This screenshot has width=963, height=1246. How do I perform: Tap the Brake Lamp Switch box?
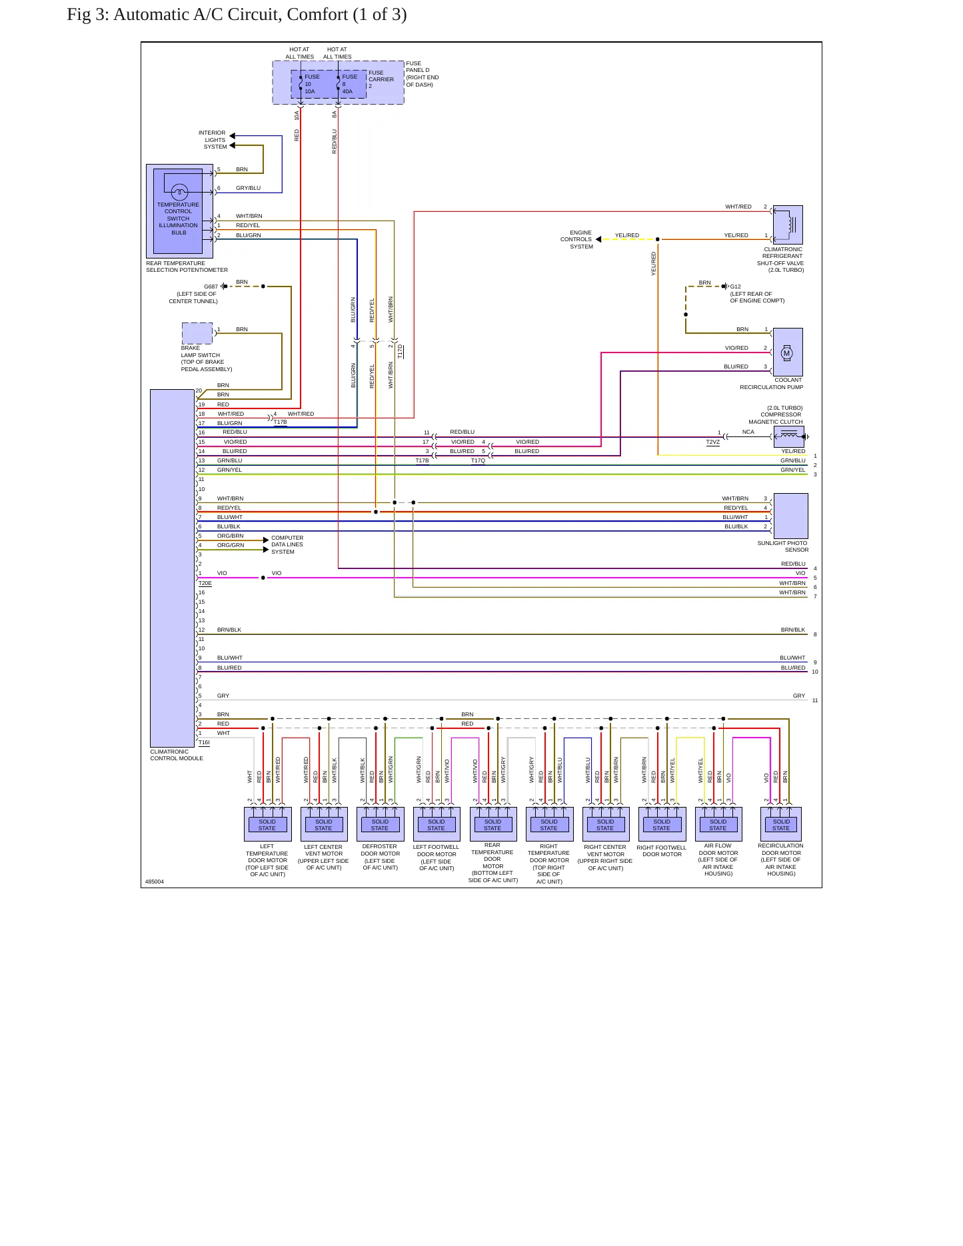point(197,333)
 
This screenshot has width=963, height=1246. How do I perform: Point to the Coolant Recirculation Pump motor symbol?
point(786,353)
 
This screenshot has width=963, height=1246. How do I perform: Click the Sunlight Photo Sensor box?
point(790,516)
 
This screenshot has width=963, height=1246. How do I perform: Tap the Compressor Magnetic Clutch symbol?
point(789,436)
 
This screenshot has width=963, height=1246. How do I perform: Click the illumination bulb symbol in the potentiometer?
point(180,193)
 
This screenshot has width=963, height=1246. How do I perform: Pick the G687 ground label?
point(211,287)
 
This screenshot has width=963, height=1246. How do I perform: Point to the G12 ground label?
point(735,287)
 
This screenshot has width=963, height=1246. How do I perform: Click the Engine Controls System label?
point(576,239)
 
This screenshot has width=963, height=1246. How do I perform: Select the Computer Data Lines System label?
point(287,544)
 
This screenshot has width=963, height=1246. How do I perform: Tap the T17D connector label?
point(400,351)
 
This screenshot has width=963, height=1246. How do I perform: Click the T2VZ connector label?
point(713,442)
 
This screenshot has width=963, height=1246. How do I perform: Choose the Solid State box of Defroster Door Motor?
point(380,825)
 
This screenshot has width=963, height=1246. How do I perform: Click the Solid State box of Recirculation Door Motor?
point(781,825)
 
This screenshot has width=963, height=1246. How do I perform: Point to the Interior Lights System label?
point(212,140)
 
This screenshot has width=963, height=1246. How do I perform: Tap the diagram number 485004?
point(155,882)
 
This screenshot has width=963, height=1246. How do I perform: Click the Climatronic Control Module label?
point(177,755)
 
